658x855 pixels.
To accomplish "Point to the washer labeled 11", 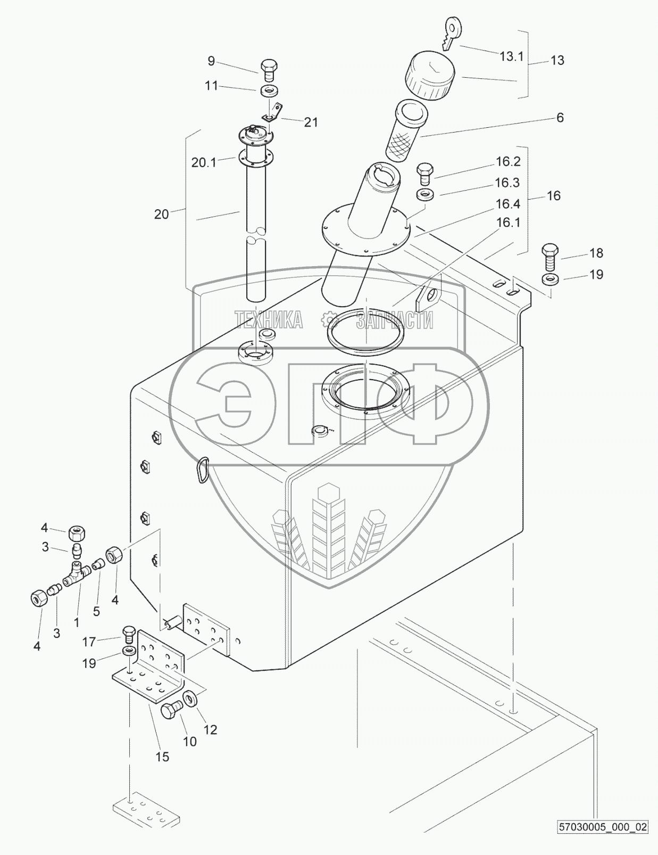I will [269, 90].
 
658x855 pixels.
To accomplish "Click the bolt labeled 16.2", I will [424, 172].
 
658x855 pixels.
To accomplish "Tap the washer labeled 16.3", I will [424, 194].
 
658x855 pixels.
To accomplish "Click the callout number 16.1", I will [508, 223].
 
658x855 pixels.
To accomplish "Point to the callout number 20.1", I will [204, 163].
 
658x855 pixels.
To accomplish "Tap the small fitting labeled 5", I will [97, 564].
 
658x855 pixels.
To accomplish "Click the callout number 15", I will [162, 757].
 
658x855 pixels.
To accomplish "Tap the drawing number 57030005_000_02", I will [602, 842].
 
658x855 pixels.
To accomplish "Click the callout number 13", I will [557, 60].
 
